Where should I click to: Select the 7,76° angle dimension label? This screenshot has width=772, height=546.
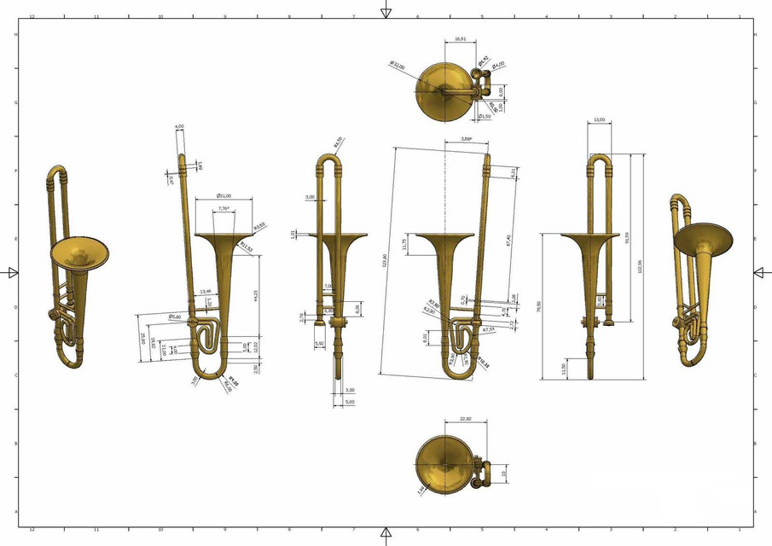pyautogui.click(x=223, y=208)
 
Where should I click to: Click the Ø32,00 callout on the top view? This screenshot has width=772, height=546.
pyautogui.click(x=397, y=65)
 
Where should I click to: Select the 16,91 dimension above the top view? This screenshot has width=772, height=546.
pyautogui.click(x=461, y=39)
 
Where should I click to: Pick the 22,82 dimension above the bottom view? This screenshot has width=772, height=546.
pyautogui.click(x=466, y=419)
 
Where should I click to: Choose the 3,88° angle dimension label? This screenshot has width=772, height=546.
pyautogui.click(x=466, y=138)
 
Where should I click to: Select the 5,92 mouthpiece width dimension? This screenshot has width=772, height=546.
pyautogui.click(x=320, y=343)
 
